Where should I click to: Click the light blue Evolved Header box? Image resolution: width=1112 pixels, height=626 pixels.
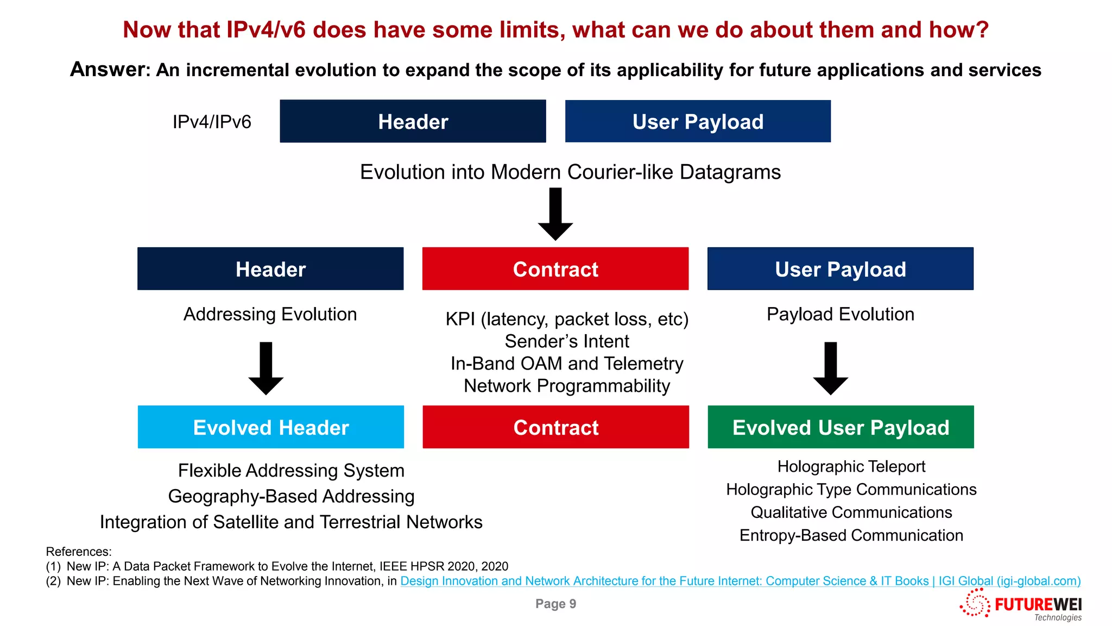point(270,427)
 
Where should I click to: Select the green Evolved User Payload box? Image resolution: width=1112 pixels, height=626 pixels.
point(841,427)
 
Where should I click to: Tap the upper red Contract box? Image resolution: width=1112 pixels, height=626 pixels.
point(555,269)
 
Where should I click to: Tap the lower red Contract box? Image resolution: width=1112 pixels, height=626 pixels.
point(555,427)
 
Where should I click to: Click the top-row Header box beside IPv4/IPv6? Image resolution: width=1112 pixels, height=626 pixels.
point(413,121)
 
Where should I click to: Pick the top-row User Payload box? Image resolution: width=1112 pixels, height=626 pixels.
point(698,121)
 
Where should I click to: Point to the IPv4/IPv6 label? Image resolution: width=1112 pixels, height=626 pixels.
point(212,122)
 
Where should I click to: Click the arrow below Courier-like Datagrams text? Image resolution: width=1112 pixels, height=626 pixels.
point(555,214)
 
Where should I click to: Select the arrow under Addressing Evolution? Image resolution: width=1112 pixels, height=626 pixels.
point(266,368)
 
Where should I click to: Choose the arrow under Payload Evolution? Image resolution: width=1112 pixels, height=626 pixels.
point(830,368)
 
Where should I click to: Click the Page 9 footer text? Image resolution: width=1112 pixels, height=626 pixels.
point(555,604)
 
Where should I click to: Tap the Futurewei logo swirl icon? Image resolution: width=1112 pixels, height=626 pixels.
point(975,604)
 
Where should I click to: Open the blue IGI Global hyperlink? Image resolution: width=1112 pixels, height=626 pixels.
point(740,581)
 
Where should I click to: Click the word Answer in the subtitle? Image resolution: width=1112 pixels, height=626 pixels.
point(109,70)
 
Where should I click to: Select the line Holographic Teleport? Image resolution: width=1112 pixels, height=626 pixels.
point(851,466)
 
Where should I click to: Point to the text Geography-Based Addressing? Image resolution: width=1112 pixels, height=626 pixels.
point(291,496)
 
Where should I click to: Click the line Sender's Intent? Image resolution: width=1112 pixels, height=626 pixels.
point(566,341)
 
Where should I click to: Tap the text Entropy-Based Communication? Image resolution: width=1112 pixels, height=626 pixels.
point(851,535)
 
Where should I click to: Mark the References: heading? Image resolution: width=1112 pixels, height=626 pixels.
point(79,552)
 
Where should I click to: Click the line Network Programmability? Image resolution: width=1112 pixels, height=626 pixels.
point(566,386)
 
